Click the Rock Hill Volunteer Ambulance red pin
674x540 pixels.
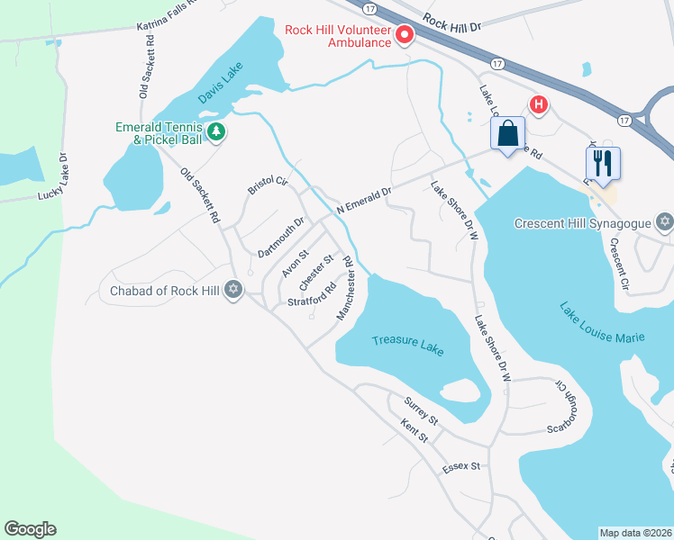(x=405, y=35)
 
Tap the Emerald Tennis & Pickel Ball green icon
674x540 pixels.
(x=216, y=133)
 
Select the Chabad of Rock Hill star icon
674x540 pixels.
(x=233, y=290)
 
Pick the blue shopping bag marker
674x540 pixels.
(x=508, y=134)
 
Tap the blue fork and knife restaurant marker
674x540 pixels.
(x=603, y=163)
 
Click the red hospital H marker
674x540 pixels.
(x=539, y=105)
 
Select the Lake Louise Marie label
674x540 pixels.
(x=601, y=324)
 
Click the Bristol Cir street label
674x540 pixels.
(x=267, y=186)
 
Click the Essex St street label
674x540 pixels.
(x=463, y=467)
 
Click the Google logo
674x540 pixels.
(x=30, y=529)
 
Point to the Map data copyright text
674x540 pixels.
(x=636, y=533)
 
